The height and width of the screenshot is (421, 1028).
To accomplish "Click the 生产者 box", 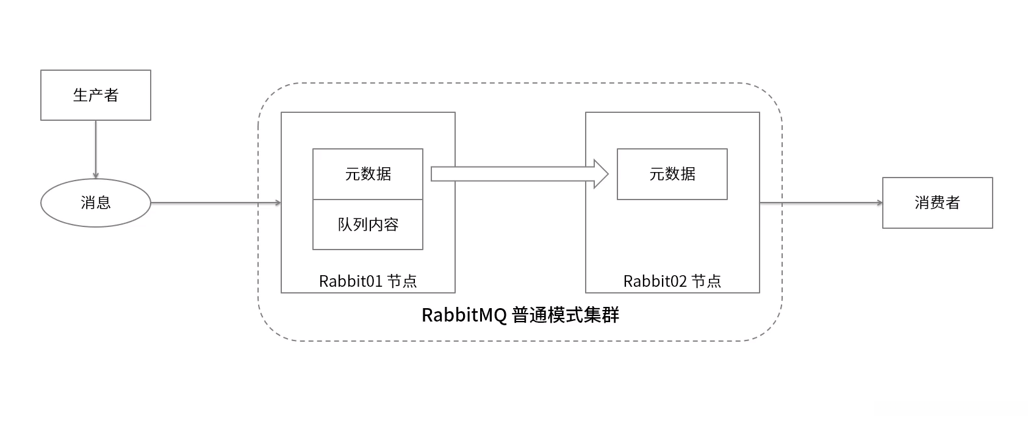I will [x=96, y=95].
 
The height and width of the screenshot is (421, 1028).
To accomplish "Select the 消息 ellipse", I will [x=96, y=203].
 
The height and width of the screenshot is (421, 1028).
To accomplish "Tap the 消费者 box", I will [x=937, y=203].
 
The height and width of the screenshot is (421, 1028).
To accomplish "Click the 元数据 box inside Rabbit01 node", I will [x=368, y=174].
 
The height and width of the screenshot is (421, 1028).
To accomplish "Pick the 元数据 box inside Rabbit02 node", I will [x=672, y=174].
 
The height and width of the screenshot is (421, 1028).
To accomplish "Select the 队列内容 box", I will [x=368, y=225].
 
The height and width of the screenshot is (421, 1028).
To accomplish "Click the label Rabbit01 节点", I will [x=368, y=281].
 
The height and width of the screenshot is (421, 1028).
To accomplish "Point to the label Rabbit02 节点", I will [x=672, y=281].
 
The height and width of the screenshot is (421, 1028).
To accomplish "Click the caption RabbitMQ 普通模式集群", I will [x=520, y=315].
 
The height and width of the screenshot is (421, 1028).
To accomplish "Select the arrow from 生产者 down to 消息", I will [x=96, y=149].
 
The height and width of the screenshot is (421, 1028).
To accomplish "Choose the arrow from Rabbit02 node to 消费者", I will [x=821, y=203].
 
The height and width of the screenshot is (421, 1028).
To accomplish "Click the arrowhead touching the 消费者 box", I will [x=879, y=203].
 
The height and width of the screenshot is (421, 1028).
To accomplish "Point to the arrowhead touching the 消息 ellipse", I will [x=96, y=175].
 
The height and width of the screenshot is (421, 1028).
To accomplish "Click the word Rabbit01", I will [x=350, y=281].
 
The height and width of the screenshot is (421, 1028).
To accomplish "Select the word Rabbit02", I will [x=655, y=281].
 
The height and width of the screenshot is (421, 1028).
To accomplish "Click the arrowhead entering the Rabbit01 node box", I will [x=278, y=203].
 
